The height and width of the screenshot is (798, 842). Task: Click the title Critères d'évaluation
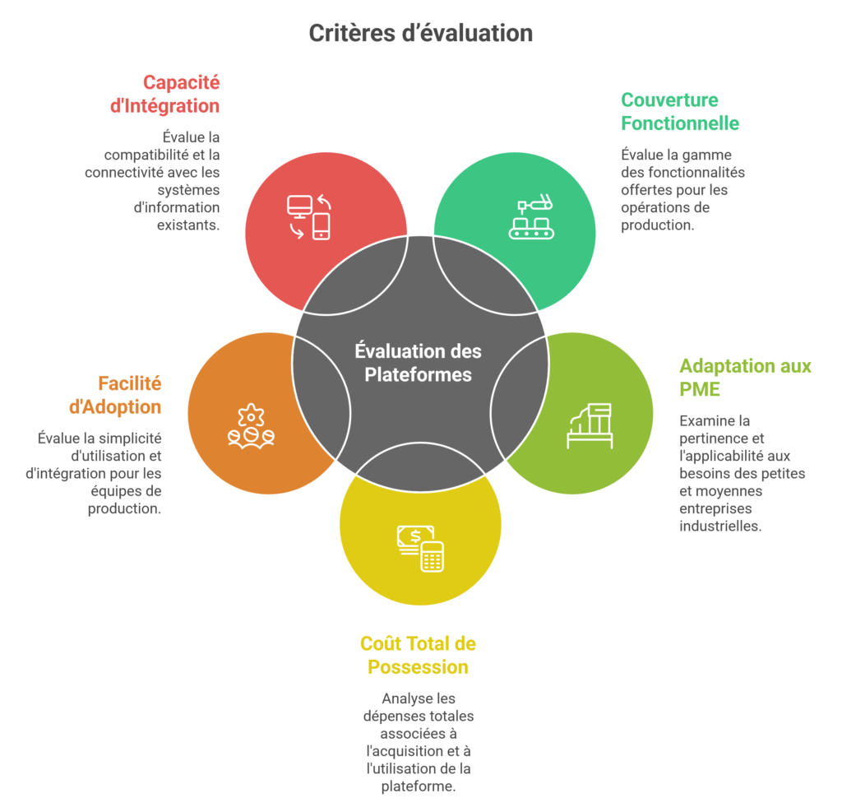420,33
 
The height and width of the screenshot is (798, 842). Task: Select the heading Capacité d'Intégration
164,94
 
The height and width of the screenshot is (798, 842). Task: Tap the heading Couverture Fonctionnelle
680,112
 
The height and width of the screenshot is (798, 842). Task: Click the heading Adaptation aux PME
745,378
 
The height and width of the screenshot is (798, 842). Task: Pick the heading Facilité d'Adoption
115,395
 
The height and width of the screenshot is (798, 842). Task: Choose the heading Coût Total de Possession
418,655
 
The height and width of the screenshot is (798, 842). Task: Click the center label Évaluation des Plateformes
418,363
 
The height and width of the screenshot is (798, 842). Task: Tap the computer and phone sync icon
309,216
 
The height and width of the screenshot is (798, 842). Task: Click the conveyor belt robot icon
532,216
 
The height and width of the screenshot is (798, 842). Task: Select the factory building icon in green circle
590,425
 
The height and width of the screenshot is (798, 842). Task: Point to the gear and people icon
251,426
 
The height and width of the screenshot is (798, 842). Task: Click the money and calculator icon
420,548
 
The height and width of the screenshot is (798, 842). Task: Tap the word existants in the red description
188,225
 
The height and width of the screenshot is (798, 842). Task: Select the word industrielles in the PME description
720,526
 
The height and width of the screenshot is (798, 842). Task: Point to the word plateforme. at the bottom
419,786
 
